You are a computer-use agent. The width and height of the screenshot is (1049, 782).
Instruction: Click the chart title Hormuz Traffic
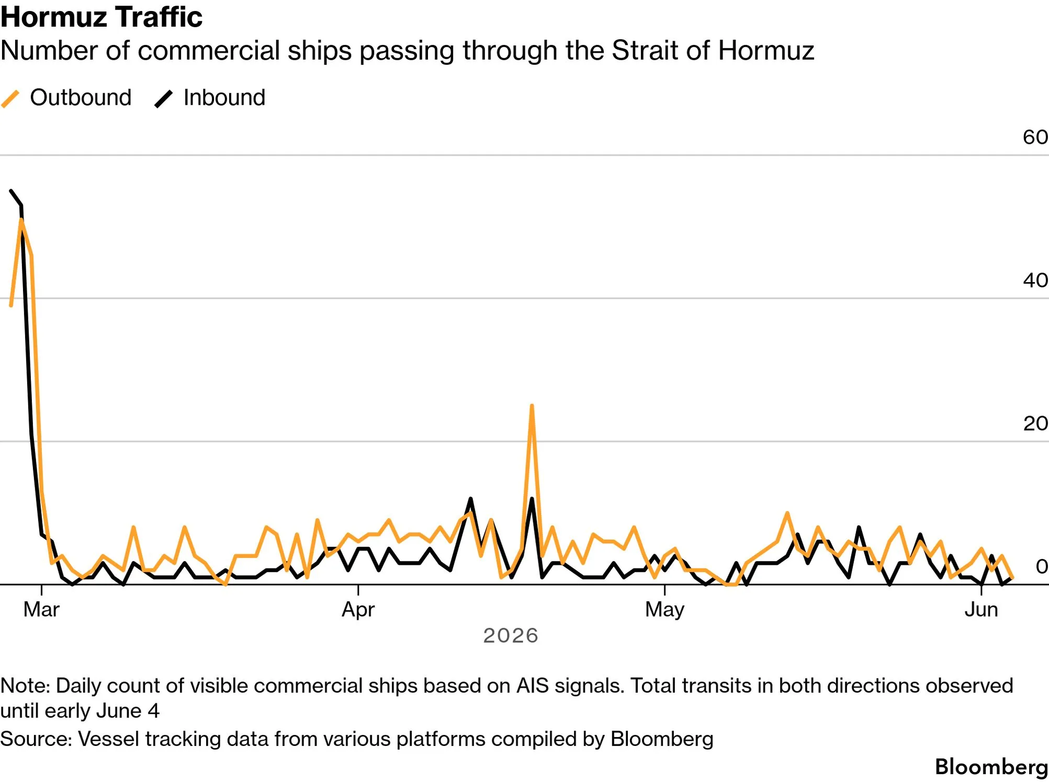(101, 17)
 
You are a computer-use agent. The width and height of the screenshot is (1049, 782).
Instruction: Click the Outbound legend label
(81, 97)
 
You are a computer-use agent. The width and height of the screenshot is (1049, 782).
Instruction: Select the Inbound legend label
(224, 97)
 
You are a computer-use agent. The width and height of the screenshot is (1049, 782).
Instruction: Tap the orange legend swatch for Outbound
(10, 98)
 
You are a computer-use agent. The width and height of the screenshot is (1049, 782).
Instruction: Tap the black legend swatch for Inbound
(164, 98)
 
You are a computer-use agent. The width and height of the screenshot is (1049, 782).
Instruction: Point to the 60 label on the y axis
(1035, 137)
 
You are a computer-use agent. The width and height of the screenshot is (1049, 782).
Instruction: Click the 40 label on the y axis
(1035, 280)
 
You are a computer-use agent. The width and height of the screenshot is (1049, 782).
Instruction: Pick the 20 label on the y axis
(1035, 423)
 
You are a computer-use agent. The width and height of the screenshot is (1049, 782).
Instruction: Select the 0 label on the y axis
(1042, 566)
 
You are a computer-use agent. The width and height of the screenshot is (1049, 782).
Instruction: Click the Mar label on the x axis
(41, 610)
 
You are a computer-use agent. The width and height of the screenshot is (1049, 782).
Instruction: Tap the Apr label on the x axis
(358, 610)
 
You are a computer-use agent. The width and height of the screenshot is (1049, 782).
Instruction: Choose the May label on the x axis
(664, 610)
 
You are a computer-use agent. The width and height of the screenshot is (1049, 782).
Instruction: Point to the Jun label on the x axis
(981, 610)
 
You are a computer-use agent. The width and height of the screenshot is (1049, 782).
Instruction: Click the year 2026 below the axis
(511, 635)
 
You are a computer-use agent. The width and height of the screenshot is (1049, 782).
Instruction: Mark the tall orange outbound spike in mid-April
(532, 406)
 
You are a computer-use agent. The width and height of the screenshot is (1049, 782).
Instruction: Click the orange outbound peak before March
(21, 220)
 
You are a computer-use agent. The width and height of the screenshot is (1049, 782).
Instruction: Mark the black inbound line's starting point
(11, 191)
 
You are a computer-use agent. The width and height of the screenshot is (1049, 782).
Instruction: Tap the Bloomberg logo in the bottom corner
(991, 767)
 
